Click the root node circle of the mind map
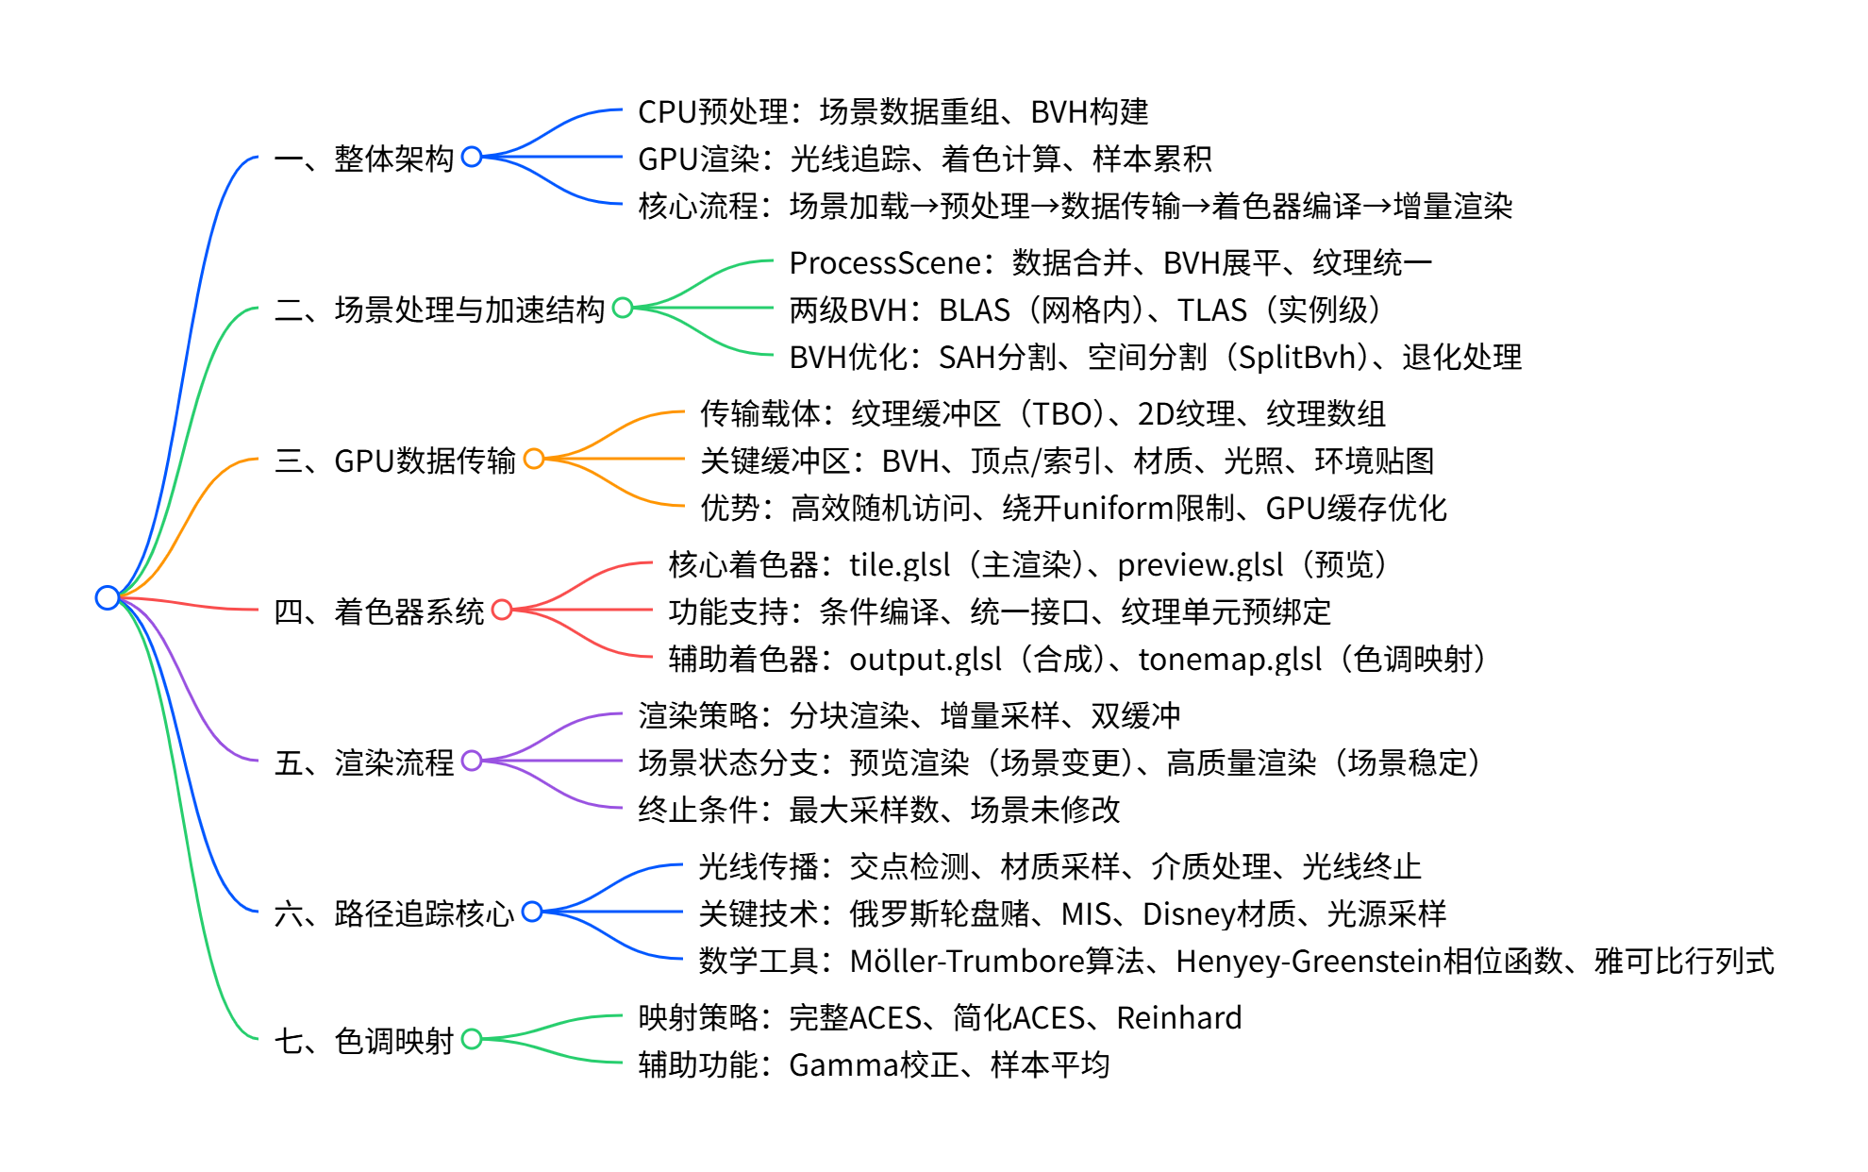pos(107,597)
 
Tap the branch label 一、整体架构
pos(364,158)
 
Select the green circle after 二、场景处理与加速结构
pos(623,308)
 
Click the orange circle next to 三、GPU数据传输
pos(534,459)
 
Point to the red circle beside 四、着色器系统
pos(502,610)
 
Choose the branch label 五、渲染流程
pos(364,762)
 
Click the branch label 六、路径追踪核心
pos(394,912)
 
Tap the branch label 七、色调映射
pos(364,1041)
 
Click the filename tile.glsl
pos(899,564)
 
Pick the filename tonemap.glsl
pos(1229,659)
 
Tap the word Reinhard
pos(1178,1017)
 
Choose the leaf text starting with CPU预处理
pos(892,111)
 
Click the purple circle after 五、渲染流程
pos(472,761)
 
